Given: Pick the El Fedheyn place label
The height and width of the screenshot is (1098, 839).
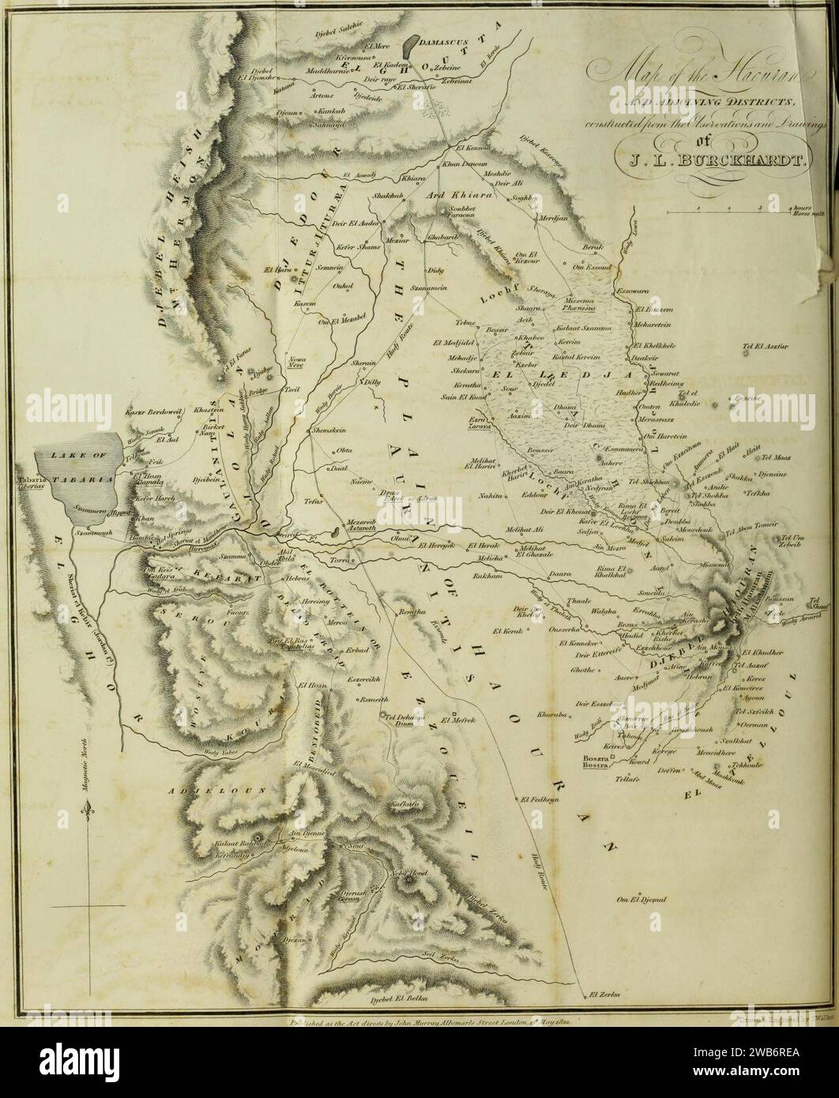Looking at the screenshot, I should (540, 799).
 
